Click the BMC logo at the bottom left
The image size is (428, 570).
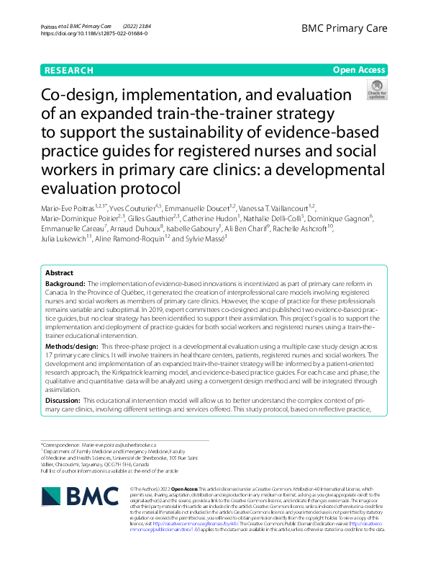coord(77,496)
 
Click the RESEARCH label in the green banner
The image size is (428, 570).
coord(69,71)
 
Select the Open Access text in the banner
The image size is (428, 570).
coord(360,71)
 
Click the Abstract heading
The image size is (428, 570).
coord(60,274)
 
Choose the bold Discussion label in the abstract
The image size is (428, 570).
coord(64,400)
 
